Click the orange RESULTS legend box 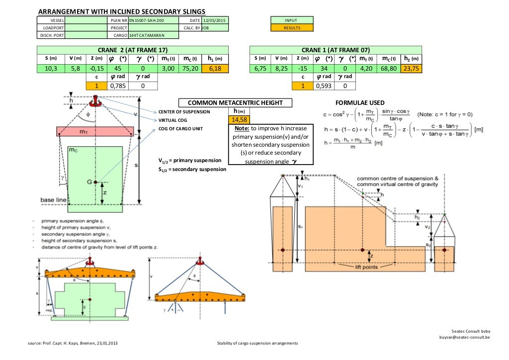[x=292, y=28]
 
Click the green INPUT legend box [x=292, y=20]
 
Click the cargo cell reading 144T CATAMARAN [x=146, y=35]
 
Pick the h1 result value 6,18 [x=214, y=68]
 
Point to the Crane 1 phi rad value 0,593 [x=323, y=86]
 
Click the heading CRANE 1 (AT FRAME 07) [x=336, y=50]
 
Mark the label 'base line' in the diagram [x=54, y=200]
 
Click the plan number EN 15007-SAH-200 [x=146, y=20]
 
